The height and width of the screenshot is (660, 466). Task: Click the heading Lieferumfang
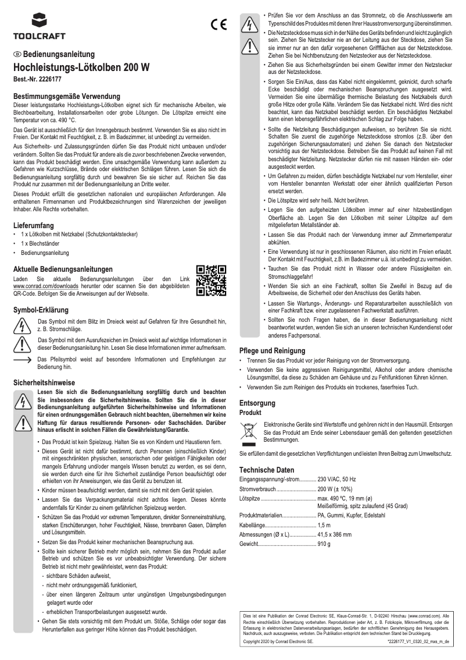click(34, 225)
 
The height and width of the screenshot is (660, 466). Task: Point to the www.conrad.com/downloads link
click(41, 287)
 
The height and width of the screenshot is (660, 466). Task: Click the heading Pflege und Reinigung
click(272, 351)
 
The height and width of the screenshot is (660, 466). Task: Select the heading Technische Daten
click(267, 470)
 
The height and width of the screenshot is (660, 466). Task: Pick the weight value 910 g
click(324, 544)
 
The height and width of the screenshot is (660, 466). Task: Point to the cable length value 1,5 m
click(324, 525)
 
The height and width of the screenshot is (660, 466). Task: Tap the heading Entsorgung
click(258, 403)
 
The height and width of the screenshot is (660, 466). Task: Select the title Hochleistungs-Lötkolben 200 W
click(81, 68)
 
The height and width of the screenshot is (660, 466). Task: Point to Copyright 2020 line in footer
click(278, 640)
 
